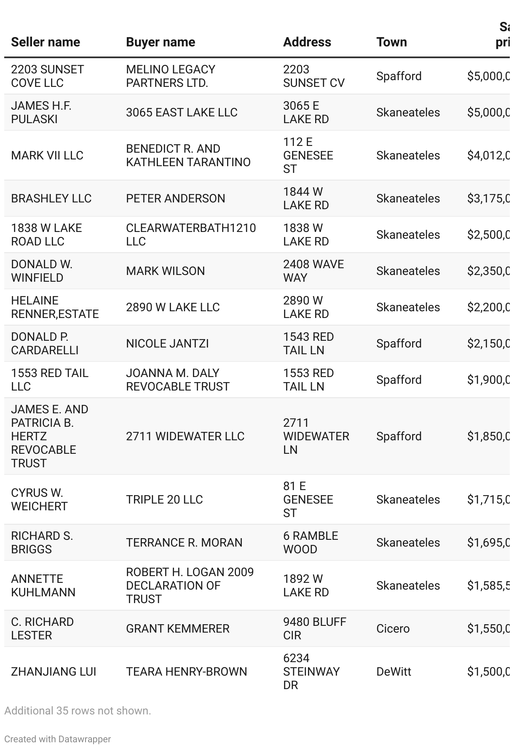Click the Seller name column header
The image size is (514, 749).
[46, 42]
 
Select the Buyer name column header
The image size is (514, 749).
[161, 42]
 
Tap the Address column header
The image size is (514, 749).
[307, 42]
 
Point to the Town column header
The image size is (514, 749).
[392, 42]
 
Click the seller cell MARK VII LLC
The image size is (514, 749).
[47, 156]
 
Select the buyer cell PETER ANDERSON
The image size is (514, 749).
[176, 199]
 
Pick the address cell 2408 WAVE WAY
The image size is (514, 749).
[313, 271]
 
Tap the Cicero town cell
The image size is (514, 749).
[393, 629]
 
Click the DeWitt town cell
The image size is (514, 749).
[394, 672]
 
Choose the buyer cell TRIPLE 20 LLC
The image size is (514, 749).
[164, 500]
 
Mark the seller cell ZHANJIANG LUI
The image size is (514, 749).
[54, 672]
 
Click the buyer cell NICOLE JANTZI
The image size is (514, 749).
[167, 344]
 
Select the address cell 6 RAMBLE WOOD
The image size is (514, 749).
[311, 543]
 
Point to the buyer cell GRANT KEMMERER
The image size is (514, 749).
[178, 629]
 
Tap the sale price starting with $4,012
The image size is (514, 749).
[488, 156]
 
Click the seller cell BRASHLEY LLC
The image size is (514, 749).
[51, 199]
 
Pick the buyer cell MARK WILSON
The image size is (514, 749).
[166, 271]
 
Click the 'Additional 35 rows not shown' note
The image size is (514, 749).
[78, 711]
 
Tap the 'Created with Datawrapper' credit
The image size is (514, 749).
[58, 739]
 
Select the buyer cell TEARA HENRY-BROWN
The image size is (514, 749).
[187, 672]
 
